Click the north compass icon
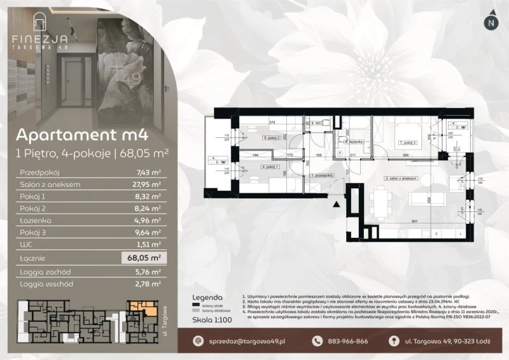490,22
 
